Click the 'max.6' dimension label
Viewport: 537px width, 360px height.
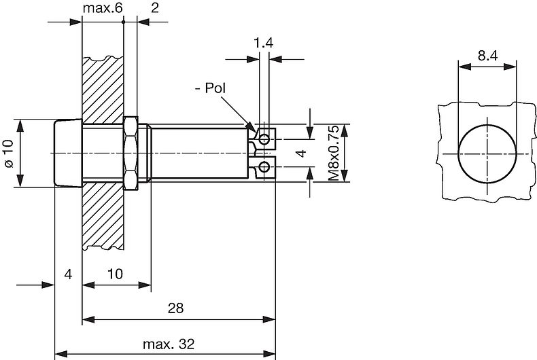point(100,9)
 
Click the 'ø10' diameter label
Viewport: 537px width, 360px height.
point(8,154)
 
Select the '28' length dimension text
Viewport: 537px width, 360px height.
point(175,308)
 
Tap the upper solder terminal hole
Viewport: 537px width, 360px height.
point(264,139)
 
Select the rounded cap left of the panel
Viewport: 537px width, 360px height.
point(67,154)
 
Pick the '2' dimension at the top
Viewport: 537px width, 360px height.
point(154,9)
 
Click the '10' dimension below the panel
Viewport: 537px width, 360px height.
point(116,274)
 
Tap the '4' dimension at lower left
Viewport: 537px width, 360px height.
point(67,274)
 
